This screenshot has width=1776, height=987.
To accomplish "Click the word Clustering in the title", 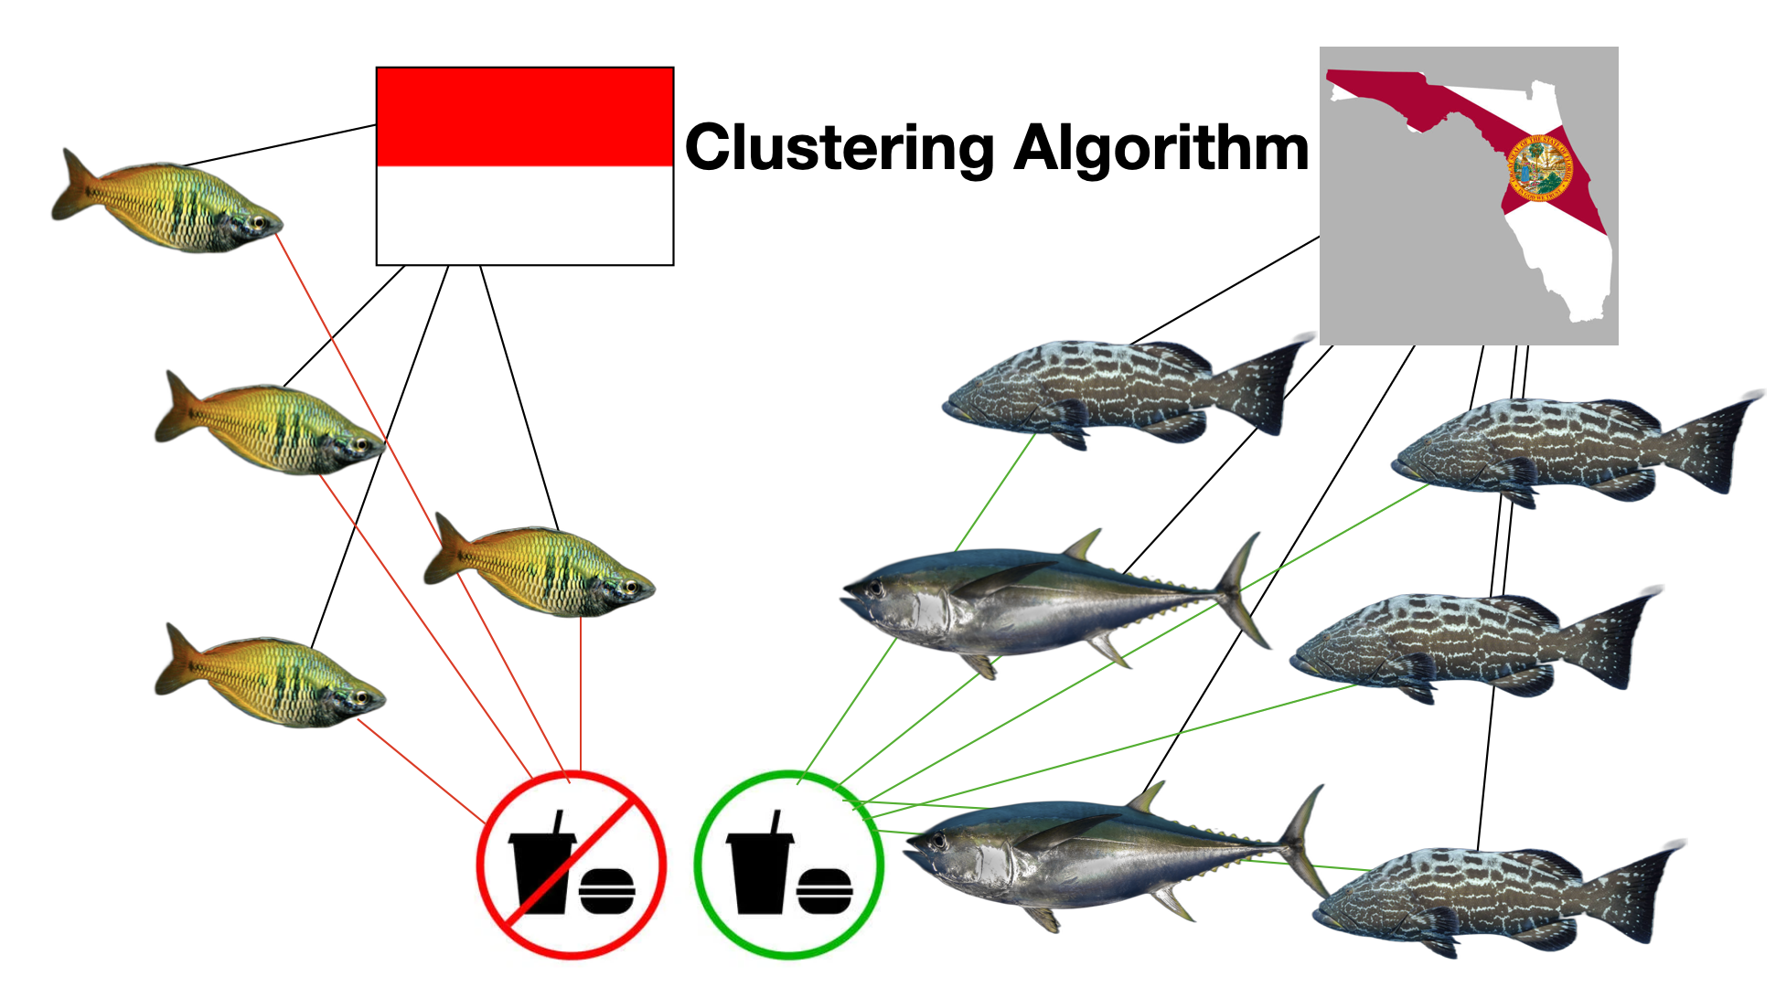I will (x=840, y=148).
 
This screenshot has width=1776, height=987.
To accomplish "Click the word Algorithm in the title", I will (x=1161, y=148).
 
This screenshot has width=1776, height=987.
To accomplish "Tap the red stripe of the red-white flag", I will (x=525, y=116).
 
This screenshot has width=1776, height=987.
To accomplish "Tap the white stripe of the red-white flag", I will (x=525, y=216).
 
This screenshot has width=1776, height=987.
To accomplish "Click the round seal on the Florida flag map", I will (x=1536, y=168).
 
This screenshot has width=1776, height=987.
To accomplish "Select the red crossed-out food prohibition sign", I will (x=572, y=865).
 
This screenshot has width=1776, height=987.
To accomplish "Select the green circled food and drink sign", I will (x=788, y=865).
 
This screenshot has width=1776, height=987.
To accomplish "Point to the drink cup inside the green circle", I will (x=758, y=864).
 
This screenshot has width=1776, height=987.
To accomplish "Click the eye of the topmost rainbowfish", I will (x=259, y=222).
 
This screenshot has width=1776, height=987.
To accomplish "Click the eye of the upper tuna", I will (x=876, y=586).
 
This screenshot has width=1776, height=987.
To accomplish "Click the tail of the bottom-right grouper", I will (x=1646, y=891).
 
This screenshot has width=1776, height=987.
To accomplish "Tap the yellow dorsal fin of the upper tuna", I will (x=1084, y=547).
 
